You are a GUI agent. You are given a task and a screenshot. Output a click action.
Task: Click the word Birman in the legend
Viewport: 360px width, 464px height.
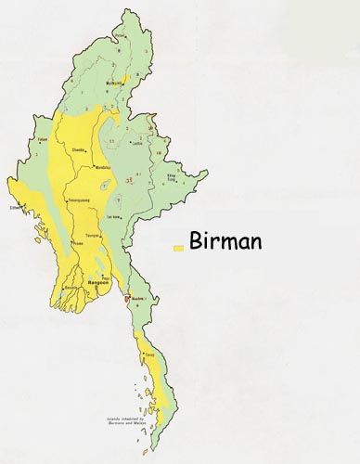(x=225, y=241)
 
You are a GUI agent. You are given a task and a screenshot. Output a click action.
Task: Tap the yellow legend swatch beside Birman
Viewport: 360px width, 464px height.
(x=177, y=249)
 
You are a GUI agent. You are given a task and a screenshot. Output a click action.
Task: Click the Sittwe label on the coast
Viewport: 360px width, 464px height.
(x=16, y=207)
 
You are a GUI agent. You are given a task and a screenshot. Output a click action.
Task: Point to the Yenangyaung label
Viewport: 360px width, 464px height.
(x=79, y=200)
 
